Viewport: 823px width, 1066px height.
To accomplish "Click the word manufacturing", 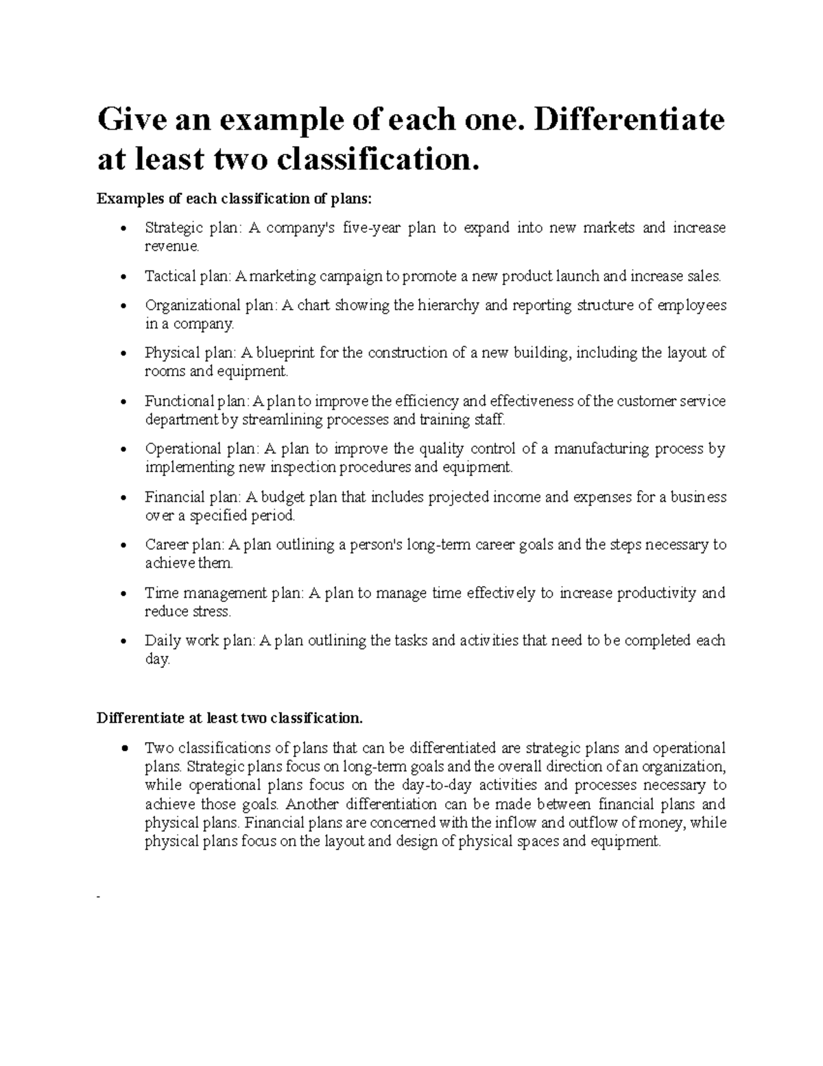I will click(600, 449).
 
